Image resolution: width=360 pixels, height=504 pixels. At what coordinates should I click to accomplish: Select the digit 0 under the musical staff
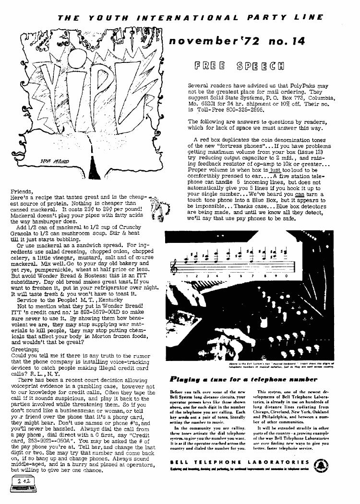pyautogui.click(x=286, y=276)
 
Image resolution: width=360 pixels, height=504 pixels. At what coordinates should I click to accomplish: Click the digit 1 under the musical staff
pyautogui.click(x=186, y=276)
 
